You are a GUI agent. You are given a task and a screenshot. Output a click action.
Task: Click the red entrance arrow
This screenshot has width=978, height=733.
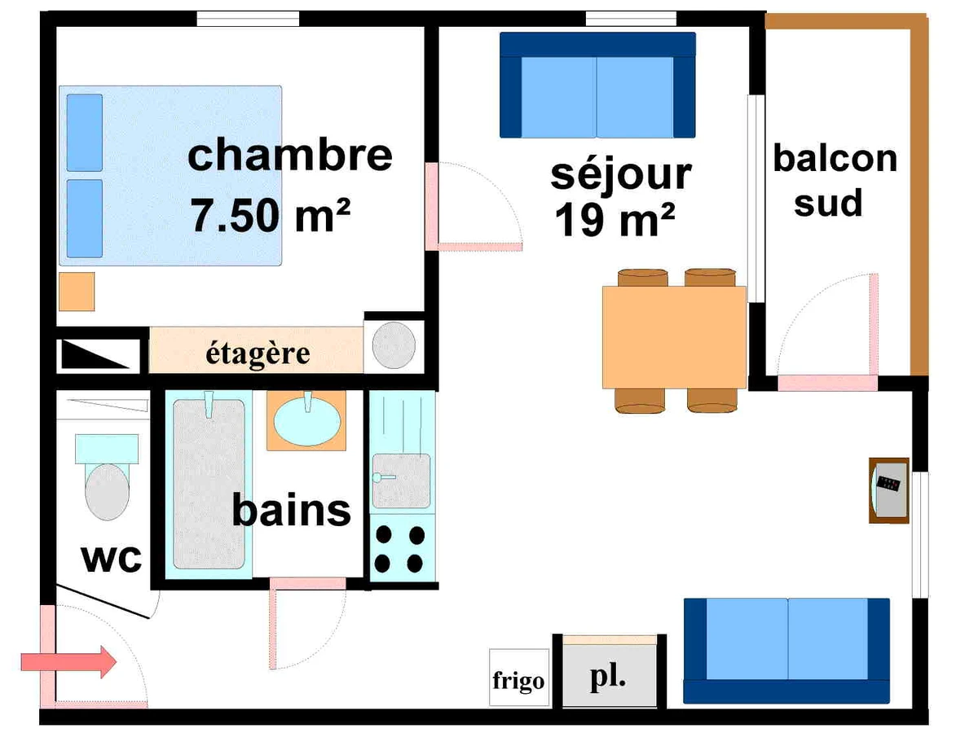click(x=68, y=661)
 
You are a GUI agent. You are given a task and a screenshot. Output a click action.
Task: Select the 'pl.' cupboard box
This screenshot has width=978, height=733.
click(x=609, y=676)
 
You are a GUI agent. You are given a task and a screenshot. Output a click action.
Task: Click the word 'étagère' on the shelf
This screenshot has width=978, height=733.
click(x=258, y=354)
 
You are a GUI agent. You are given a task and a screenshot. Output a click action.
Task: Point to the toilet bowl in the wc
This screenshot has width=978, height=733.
click(x=107, y=491)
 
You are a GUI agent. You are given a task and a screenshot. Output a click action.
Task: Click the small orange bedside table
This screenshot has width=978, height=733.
click(x=77, y=291)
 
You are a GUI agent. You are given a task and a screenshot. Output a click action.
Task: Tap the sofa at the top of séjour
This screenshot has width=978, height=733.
click(x=597, y=85)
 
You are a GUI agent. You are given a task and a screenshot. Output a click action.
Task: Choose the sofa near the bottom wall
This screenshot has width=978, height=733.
click(x=786, y=649)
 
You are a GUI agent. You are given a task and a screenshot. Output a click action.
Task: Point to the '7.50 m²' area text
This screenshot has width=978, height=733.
click(x=271, y=216)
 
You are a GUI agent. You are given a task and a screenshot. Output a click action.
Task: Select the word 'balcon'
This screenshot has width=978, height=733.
click(x=835, y=158)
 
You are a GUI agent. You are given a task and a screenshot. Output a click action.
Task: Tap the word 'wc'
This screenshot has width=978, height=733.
click(x=112, y=560)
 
